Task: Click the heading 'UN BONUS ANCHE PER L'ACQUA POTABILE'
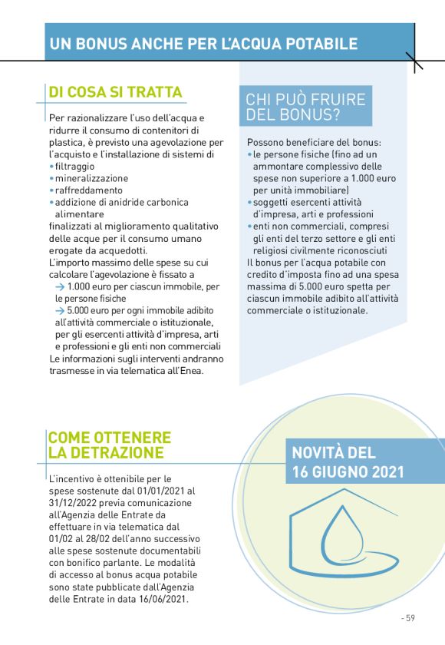pyautogui.click(x=203, y=44)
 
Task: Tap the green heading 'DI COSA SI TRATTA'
pyautogui.click(x=115, y=93)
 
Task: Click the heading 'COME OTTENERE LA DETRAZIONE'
pyautogui.click(x=110, y=445)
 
